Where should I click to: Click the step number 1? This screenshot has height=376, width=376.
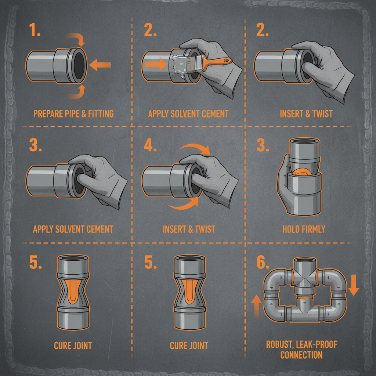[36, 31]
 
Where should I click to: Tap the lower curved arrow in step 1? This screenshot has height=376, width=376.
[76, 92]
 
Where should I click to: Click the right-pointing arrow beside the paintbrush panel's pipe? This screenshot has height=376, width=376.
[153, 65]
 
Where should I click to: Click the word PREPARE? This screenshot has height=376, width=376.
[48, 113]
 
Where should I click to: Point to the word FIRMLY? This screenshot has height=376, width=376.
[313, 229]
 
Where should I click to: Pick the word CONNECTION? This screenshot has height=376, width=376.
[301, 355]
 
